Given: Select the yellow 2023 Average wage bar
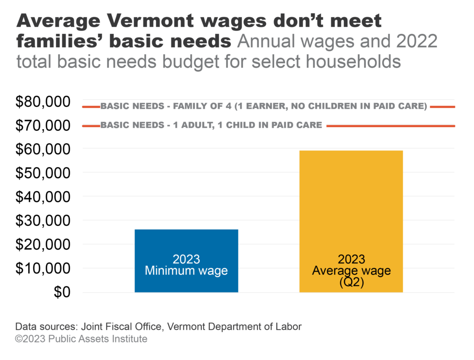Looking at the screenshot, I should pos(351,208).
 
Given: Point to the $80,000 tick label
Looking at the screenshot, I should pos(43,101).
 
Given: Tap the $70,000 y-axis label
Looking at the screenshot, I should pos(43,125).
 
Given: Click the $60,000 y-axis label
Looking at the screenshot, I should pos(43,149).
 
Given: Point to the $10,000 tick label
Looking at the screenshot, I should pos(43,268).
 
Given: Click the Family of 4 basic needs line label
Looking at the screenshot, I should pos(263,106).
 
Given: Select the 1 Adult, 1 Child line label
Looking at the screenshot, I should pos(211,125).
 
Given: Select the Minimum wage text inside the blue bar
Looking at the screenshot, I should pos(186,271).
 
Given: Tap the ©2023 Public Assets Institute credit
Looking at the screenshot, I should pos(81,339).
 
